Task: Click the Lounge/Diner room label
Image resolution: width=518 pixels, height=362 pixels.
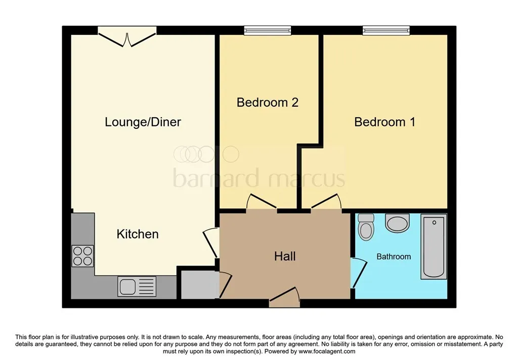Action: [143, 122]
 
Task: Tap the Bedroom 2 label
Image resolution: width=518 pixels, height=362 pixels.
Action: [268, 103]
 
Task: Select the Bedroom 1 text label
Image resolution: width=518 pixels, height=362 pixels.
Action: [384, 122]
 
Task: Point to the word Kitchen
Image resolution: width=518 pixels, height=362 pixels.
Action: [138, 234]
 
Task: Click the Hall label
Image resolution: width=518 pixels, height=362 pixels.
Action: [285, 256]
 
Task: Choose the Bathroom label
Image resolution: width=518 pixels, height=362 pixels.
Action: [394, 257]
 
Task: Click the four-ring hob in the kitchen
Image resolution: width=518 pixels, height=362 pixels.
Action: [82, 256]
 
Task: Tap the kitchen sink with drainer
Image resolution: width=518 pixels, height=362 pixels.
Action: [137, 286]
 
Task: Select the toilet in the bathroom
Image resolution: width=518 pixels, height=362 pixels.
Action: [366, 227]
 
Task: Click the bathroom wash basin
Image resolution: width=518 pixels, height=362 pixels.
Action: [397, 222]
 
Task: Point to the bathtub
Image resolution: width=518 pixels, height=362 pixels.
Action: [434, 246]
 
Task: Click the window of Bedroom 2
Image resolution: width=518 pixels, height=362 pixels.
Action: [268, 31]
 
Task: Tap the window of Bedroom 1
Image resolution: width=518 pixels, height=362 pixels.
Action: [386, 31]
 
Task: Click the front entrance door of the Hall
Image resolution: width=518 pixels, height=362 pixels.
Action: [285, 297]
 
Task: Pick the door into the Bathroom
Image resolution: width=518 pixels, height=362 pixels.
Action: [358, 273]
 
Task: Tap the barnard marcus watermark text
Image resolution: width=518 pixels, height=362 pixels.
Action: [259, 178]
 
